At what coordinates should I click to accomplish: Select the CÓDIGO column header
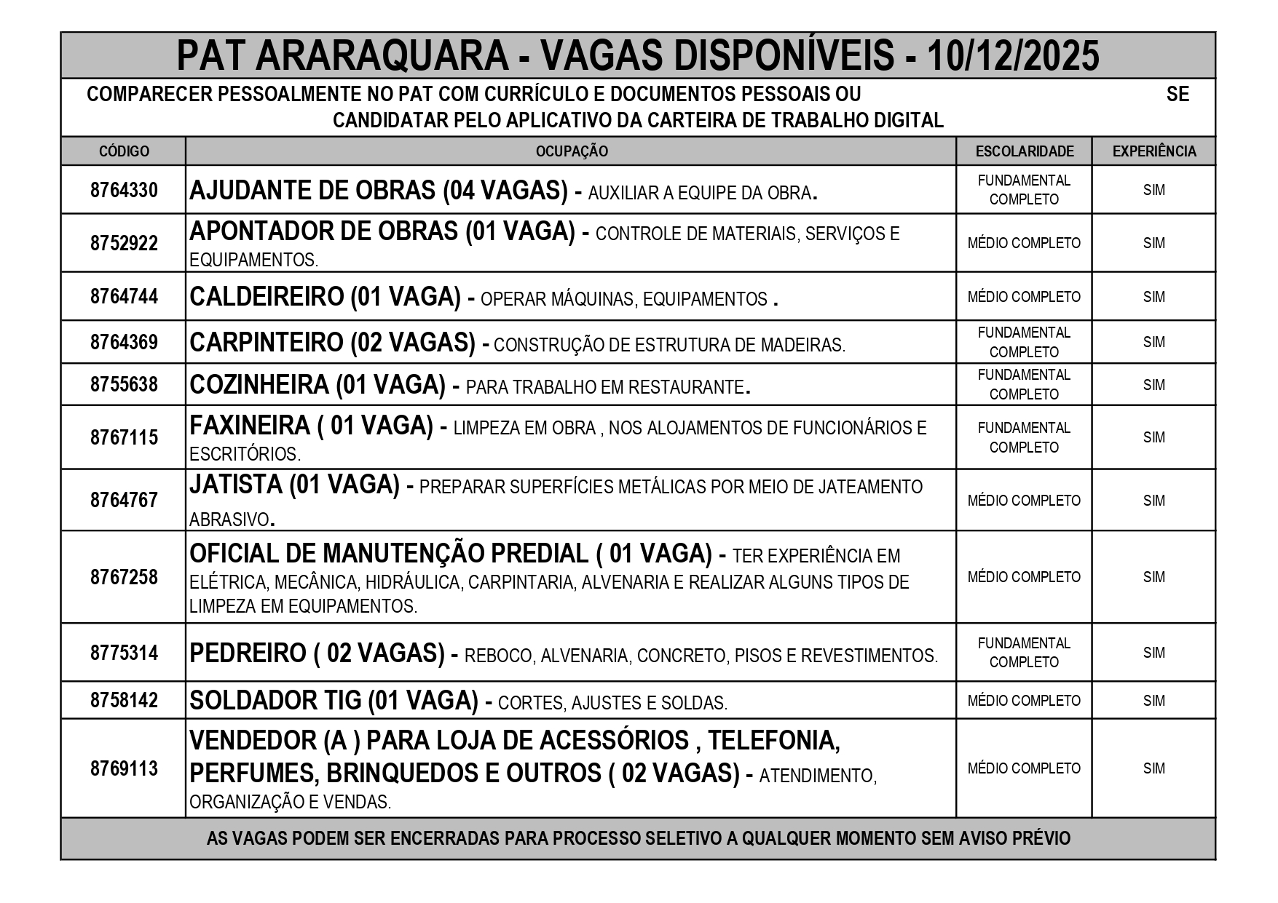click(124, 151)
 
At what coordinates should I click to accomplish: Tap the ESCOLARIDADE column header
click(1024, 151)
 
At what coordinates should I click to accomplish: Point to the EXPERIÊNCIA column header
click(1153, 151)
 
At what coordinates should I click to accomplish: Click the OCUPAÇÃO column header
click(572, 151)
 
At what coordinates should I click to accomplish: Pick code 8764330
click(124, 190)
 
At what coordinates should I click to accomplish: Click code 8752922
click(124, 243)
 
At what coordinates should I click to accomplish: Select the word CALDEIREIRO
click(267, 297)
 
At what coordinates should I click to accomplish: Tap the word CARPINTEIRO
click(267, 342)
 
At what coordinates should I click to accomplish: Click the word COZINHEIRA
click(259, 385)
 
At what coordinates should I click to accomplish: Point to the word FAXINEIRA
click(250, 426)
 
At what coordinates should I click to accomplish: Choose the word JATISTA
click(235, 485)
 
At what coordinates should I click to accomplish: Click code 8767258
click(124, 577)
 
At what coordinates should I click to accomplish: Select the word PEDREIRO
click(248, 653)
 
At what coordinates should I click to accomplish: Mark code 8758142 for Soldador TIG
click(124, 701)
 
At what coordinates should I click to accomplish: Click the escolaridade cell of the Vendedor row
click(1024, 768)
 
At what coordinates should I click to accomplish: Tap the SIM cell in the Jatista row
click(1153, 501)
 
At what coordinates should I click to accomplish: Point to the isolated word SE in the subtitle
click(1177, 95)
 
